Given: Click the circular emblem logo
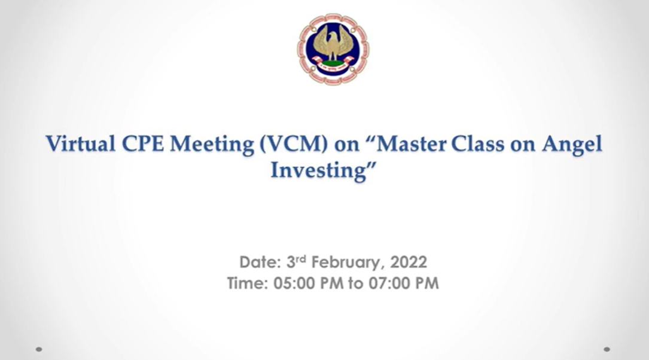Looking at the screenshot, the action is coord(333,49).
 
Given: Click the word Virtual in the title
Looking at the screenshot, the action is coord(80,144).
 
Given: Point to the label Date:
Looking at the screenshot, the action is coord(261,263).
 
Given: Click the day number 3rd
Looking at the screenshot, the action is coord(296,261).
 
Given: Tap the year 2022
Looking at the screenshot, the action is coord(409,263).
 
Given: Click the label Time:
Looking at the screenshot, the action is coord(248,283).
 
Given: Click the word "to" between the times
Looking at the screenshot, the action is coord(355,284).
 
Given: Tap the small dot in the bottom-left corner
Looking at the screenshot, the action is coord(39,349).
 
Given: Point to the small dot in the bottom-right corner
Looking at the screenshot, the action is coord(607,349).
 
